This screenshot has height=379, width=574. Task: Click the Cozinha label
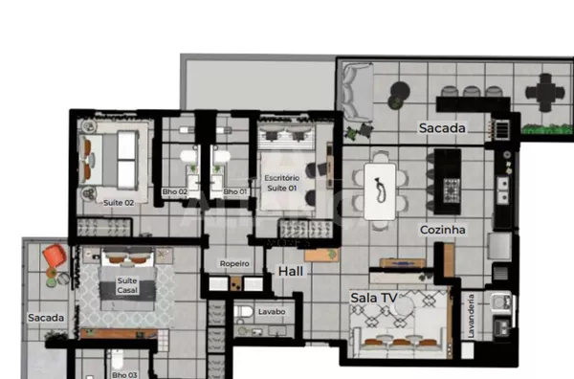coord(442,231)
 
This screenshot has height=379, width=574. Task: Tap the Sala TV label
coord(373,299)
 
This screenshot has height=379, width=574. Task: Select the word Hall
coord(291,272)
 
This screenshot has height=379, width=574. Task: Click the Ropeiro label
coord(234,263)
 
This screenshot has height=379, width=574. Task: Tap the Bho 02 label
coord(175,192)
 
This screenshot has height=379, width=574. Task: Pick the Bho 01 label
coord(235,192)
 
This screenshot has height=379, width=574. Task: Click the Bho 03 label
coord(124,375)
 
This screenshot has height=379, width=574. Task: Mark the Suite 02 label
coord(119,203)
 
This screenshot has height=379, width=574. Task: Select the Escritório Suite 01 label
coord(281,183)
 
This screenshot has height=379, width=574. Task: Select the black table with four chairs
coord(544,93)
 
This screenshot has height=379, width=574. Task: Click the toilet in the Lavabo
coord(245,312)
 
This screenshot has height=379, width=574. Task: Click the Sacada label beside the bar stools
coord(441,127)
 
